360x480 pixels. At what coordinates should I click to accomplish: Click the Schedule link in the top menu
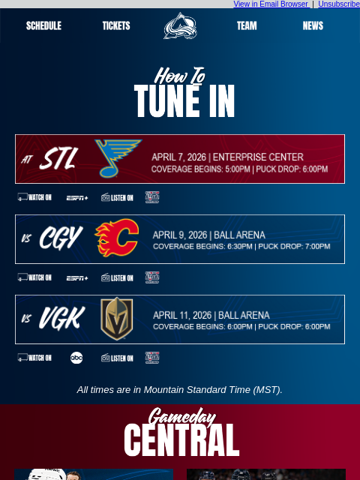tap(43, 25)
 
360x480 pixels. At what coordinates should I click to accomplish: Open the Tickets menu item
tap(116, 25)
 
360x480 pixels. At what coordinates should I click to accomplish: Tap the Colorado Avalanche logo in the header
tap(180, 26)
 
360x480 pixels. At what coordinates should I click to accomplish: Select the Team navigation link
tap(247, 25)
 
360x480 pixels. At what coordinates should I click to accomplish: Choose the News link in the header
tap(313, 25)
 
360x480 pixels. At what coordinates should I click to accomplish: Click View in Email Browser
tap(271, 4)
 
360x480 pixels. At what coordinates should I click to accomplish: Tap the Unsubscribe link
tap(338, 4)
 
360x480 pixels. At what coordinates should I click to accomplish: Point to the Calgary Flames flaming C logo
tap(117, 238)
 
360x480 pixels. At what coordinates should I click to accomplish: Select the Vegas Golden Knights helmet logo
tap(117, 319)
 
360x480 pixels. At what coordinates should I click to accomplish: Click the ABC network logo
tap(76, 358)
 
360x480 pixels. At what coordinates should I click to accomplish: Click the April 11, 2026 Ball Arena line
tap(211, 315)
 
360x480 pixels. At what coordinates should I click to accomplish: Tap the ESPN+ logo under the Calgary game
tap(76, 278)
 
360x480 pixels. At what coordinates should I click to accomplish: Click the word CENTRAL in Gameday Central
tap(181, 441)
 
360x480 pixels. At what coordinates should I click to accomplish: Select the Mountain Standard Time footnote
tap(180, 390)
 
